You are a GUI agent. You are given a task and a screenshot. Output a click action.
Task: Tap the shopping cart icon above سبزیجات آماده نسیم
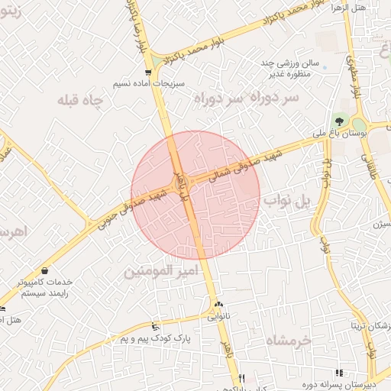(148, 73)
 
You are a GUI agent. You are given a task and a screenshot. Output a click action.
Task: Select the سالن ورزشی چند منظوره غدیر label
(294, 69)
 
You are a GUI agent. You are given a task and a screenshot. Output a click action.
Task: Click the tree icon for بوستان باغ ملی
(339, 120)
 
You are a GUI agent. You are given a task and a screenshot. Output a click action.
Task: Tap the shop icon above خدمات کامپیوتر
(44, 271)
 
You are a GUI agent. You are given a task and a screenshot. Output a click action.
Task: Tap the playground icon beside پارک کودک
(157, 326)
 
